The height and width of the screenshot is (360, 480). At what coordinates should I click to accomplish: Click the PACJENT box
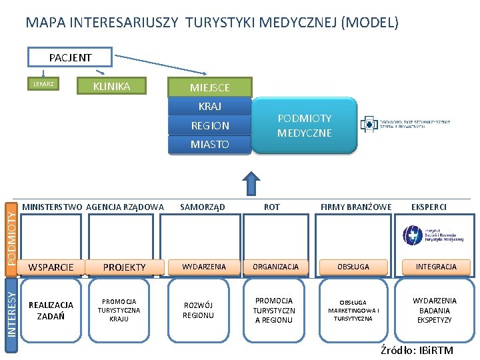[x=70, y=57]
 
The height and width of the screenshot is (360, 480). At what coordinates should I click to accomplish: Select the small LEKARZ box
[x=44, y=85]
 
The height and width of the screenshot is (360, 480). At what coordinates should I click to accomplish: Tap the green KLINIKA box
[x=111, y=86]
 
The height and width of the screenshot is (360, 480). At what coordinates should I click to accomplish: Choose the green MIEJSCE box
[x=209, y=87]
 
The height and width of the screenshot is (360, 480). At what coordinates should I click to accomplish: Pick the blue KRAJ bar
[x=209, y=106]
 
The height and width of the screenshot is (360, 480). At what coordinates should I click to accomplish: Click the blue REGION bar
[x=209, y=125]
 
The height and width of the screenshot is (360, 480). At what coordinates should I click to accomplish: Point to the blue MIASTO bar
[x=209, y=144]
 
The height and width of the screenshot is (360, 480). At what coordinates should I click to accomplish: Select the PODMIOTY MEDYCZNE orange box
[x=304, y=125]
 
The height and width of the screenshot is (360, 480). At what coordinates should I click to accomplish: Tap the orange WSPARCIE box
[x=51, y=267]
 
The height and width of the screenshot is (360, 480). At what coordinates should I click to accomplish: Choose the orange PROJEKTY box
[x=124, y=267]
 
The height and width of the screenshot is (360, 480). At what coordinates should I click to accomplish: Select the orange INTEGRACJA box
[x=436, y=267]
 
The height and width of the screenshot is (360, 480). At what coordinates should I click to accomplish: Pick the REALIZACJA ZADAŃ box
[x=51, y=311]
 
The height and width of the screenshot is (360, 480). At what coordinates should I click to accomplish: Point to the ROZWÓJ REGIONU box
[x=198, y=311]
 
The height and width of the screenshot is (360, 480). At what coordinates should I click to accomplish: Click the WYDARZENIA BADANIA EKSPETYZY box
[x=435, y=311]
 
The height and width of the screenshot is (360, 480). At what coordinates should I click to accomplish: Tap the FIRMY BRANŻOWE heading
[x=356, y=207]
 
